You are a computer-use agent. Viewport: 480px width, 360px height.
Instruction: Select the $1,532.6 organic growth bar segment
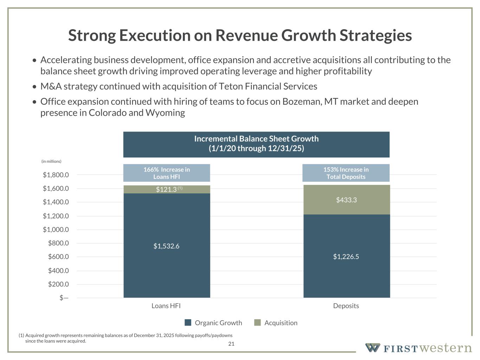[167, 246]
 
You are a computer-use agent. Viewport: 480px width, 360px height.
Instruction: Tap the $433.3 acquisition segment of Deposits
[346, 200]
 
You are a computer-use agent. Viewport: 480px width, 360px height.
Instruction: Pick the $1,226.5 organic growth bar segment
[346, 257]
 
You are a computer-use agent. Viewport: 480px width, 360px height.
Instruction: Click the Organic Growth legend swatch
[188, 323]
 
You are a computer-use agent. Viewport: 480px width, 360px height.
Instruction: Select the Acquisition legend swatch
[258, 323]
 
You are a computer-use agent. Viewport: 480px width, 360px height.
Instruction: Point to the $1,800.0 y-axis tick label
[56, 175]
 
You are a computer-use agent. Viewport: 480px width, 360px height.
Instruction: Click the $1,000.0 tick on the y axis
[56, 230]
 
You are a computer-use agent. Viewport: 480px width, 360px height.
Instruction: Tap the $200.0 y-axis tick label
[58, 284]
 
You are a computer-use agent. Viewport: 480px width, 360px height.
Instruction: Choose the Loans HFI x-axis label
[166, 306]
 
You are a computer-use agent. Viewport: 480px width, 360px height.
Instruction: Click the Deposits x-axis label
[346, 306]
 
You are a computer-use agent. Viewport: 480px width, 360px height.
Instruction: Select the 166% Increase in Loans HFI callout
[167, 173]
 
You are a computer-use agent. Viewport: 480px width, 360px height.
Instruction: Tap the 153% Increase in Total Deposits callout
[346, 173]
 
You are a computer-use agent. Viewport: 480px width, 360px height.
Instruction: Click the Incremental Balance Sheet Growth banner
[256, 144]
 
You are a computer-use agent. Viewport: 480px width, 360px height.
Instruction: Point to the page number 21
[231, 344]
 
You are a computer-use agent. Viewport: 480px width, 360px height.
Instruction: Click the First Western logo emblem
[372, 348]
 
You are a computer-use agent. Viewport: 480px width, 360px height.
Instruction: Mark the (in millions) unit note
[51, 161]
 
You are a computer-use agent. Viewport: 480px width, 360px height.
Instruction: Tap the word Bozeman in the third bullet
[302, 102]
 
